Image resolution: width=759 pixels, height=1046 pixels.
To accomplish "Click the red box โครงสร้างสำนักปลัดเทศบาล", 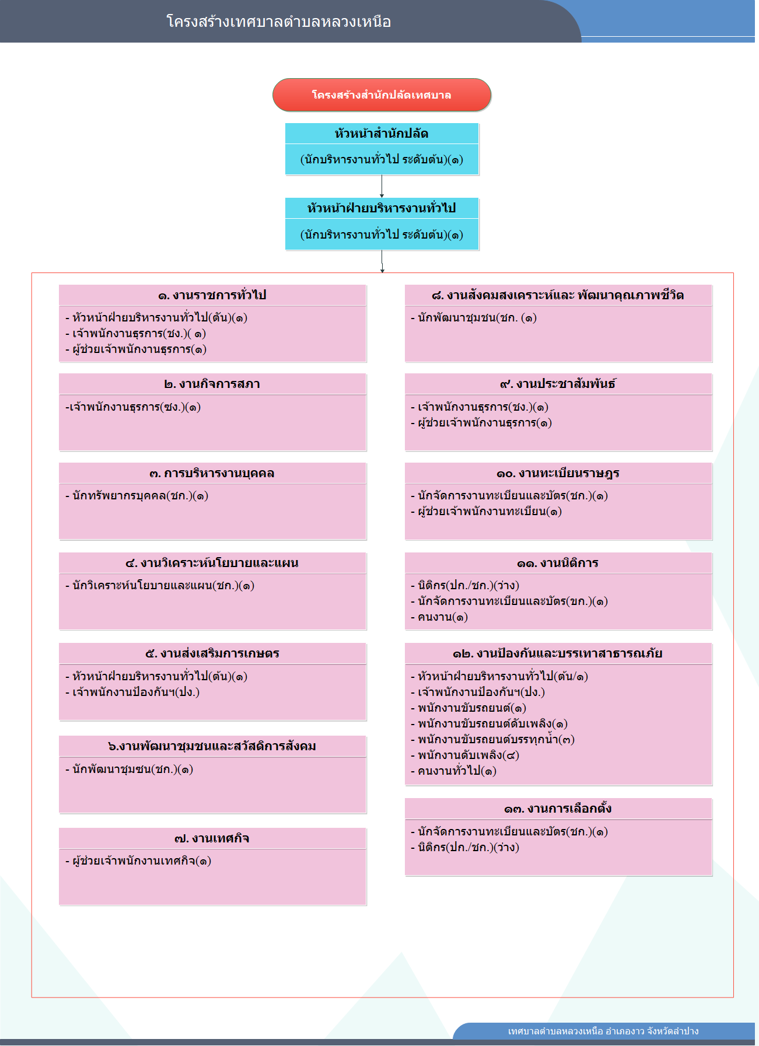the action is tap(382, 95).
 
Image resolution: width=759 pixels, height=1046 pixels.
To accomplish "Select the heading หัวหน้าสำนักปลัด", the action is tap(382, 134).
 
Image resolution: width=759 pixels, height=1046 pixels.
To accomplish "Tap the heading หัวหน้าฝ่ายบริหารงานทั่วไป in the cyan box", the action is tap(382, 208).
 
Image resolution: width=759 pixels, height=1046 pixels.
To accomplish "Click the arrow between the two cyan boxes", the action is tap(382, 186).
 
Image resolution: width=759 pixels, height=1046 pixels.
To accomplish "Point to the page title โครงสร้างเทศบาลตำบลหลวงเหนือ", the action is tap(279, 22).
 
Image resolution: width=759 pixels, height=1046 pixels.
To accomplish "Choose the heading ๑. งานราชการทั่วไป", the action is tap(212, 295).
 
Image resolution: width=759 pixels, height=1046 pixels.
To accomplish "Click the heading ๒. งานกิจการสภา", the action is tap(212, 384).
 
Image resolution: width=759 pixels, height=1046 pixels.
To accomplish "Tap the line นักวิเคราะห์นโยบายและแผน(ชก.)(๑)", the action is tap(160, 585).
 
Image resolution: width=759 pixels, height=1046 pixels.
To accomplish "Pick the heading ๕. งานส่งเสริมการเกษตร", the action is tap(212, 653).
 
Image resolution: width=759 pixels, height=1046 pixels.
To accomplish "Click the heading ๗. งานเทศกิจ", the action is tap(212, 838).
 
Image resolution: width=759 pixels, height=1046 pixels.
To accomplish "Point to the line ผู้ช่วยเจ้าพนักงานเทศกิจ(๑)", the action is tap(138, 860).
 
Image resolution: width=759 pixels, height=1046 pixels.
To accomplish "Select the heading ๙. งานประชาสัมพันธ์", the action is tap(558, 384).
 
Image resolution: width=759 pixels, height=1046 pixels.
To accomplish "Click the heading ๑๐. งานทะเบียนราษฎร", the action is tap(558, 473).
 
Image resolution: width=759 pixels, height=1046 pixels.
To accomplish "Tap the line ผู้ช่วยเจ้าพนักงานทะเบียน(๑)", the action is tap(487, 512).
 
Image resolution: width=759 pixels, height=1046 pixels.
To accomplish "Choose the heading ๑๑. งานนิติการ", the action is tap(558, 563).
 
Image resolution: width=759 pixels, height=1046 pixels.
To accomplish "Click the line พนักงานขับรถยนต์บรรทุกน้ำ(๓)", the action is tap(493, 739).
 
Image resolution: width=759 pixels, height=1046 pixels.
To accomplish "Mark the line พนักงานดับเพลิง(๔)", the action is tap(465, 755).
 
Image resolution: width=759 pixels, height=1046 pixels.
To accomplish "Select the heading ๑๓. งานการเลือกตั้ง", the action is tap(558, 809).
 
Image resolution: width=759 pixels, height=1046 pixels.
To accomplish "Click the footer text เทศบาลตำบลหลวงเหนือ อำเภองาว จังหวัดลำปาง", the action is tap(603, 1031).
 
